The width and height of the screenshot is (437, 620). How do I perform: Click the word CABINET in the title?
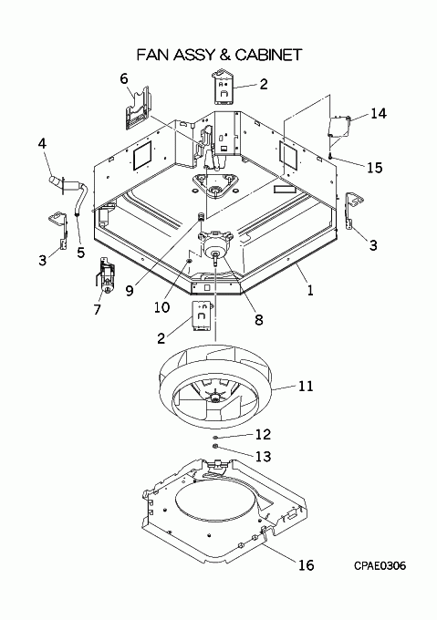click(269, 55)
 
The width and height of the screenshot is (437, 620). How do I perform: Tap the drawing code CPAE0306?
click(380, 566)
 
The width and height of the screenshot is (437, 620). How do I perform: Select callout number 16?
click(307, 565)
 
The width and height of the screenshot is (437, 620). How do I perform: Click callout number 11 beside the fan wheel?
click(306, 386)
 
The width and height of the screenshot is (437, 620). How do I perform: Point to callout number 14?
click(379, 113)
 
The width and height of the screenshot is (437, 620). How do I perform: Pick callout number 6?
click(124, 78)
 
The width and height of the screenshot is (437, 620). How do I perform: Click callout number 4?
click(42, 143)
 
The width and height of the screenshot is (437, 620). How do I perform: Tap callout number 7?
click(98, 309)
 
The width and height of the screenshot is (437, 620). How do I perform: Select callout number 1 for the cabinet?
click(310, 291)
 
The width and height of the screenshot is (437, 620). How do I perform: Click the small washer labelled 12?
click(214, 438)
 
